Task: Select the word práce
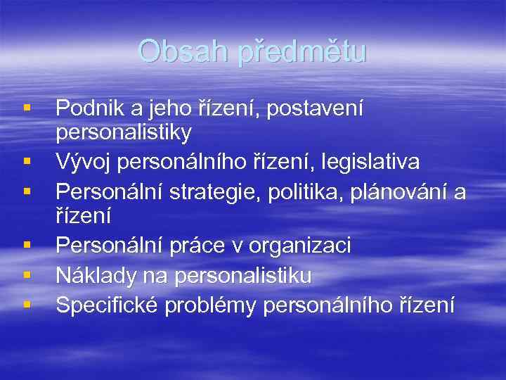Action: [x=197, y=246]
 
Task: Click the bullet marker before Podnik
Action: [x=26, y=108]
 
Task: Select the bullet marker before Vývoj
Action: [x=26, y=162]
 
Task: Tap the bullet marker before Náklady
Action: [x=26, y=275]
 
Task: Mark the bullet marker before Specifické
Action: [x=26, y=305]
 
